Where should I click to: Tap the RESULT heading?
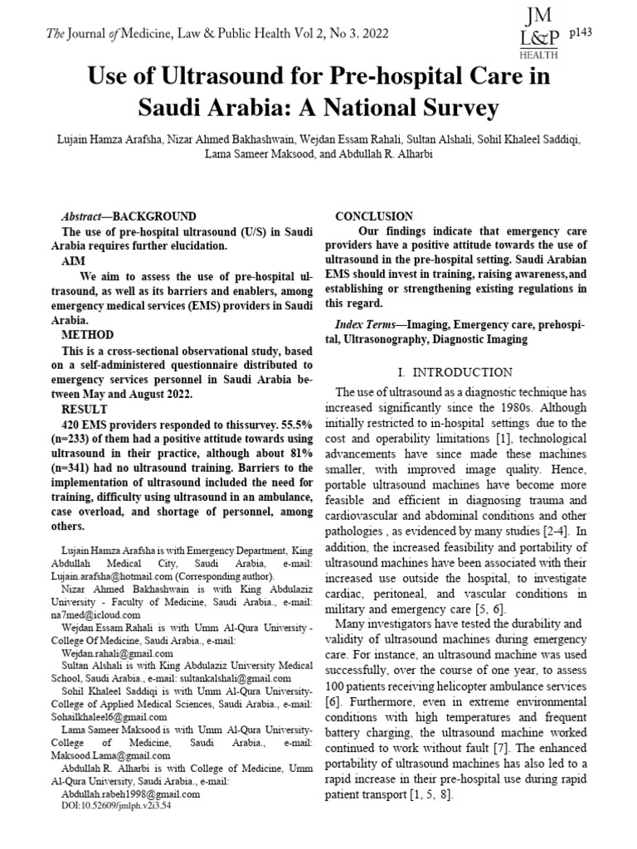coord(86,410)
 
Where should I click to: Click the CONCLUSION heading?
coord(374,216)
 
